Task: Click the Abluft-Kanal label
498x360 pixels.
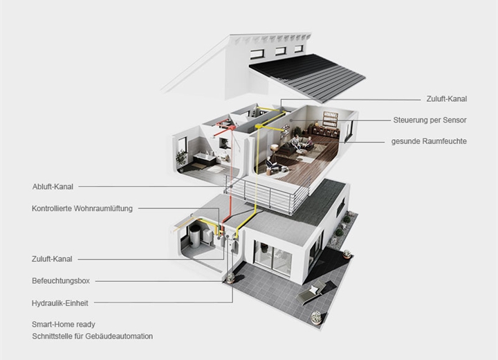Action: pyautogui.click(x=53, y=187)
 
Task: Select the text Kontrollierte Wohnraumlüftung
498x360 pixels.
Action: pyautogui.click(x=82, y=208)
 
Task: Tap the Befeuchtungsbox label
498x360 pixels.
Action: pyautogui.click(x=61, y=281)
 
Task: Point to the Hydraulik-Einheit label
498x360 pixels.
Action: pyautogui.click(x=60, y=303)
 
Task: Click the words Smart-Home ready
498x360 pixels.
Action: pyautogui.click(x=64, y=325)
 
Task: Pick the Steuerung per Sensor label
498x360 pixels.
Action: pyautogui.click(x=430, y=120)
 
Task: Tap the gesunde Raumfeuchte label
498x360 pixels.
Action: pyautogui.click(x=429, y=141)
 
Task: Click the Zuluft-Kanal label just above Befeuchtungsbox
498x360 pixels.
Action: pyautogui.click(x=52, y=259)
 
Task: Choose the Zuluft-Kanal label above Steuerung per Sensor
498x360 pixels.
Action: pyautogui.click(x=447, y=99)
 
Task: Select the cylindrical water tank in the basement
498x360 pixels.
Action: pyautogui.click(x=194, y=236)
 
